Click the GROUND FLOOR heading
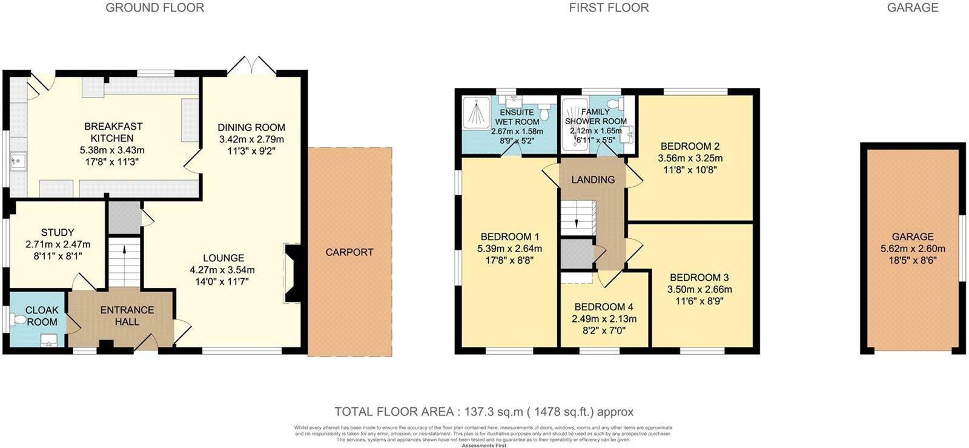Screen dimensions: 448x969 (154, 8)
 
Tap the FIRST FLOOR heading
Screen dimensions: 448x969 (609, 8)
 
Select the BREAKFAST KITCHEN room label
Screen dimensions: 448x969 (113, 132)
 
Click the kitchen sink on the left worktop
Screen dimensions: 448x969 (17, 162)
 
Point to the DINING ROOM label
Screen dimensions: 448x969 (251, 127)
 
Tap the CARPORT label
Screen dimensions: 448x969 (349, 252)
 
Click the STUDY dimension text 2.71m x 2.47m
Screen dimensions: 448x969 (58, 244)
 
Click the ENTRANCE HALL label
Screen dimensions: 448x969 (127, 315)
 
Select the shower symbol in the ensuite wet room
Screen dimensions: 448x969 (477, 113)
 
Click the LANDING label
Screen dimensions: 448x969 (593, 179)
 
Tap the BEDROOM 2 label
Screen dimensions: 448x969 (690, 146)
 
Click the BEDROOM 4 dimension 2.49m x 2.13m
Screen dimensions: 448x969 (604, 319)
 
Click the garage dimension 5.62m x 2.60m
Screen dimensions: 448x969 (913, 249)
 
